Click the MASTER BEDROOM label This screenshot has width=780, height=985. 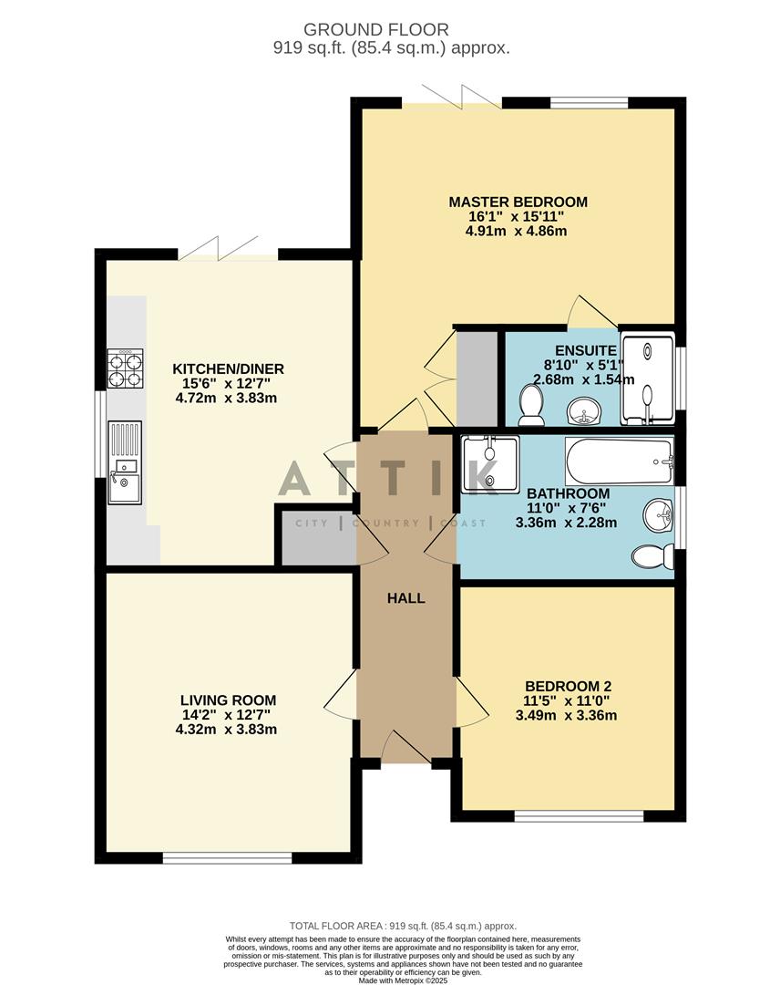point(518,202)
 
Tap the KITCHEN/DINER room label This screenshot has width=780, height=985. point(229,368)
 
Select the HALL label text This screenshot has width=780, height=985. point(406,598)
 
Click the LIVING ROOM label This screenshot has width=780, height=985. point(228,700)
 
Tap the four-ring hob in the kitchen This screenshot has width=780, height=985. point(125,369)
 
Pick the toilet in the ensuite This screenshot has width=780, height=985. point(529,407)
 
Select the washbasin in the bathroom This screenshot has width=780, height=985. point(659,516)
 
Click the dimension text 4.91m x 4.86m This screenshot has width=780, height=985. point(516,231)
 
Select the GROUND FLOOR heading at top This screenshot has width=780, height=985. point(389,30)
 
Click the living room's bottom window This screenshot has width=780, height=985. point(228,857)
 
